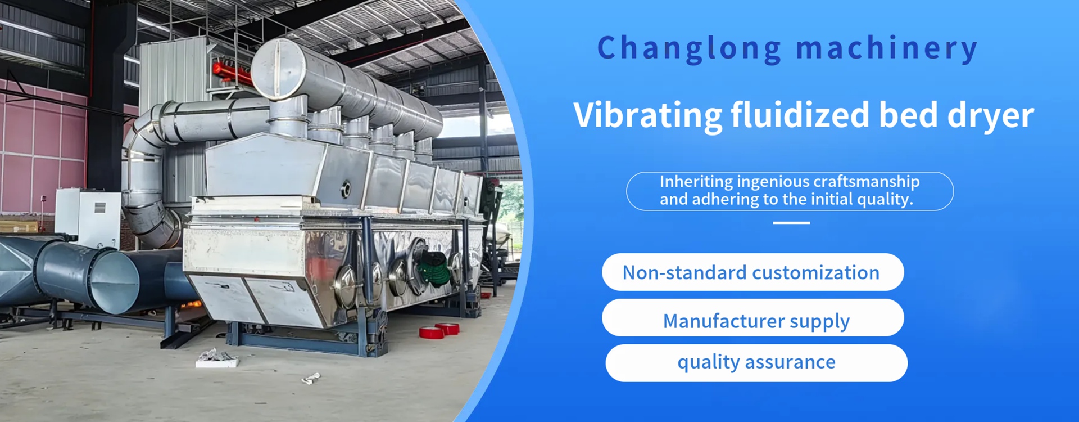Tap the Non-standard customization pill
coord(753,272)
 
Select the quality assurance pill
coord(756,363)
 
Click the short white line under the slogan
coord(791,223)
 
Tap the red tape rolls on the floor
coord(439,330)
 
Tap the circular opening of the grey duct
coord(115,281)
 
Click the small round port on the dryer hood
coord(346,188)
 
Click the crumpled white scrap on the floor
coord(311,379)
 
